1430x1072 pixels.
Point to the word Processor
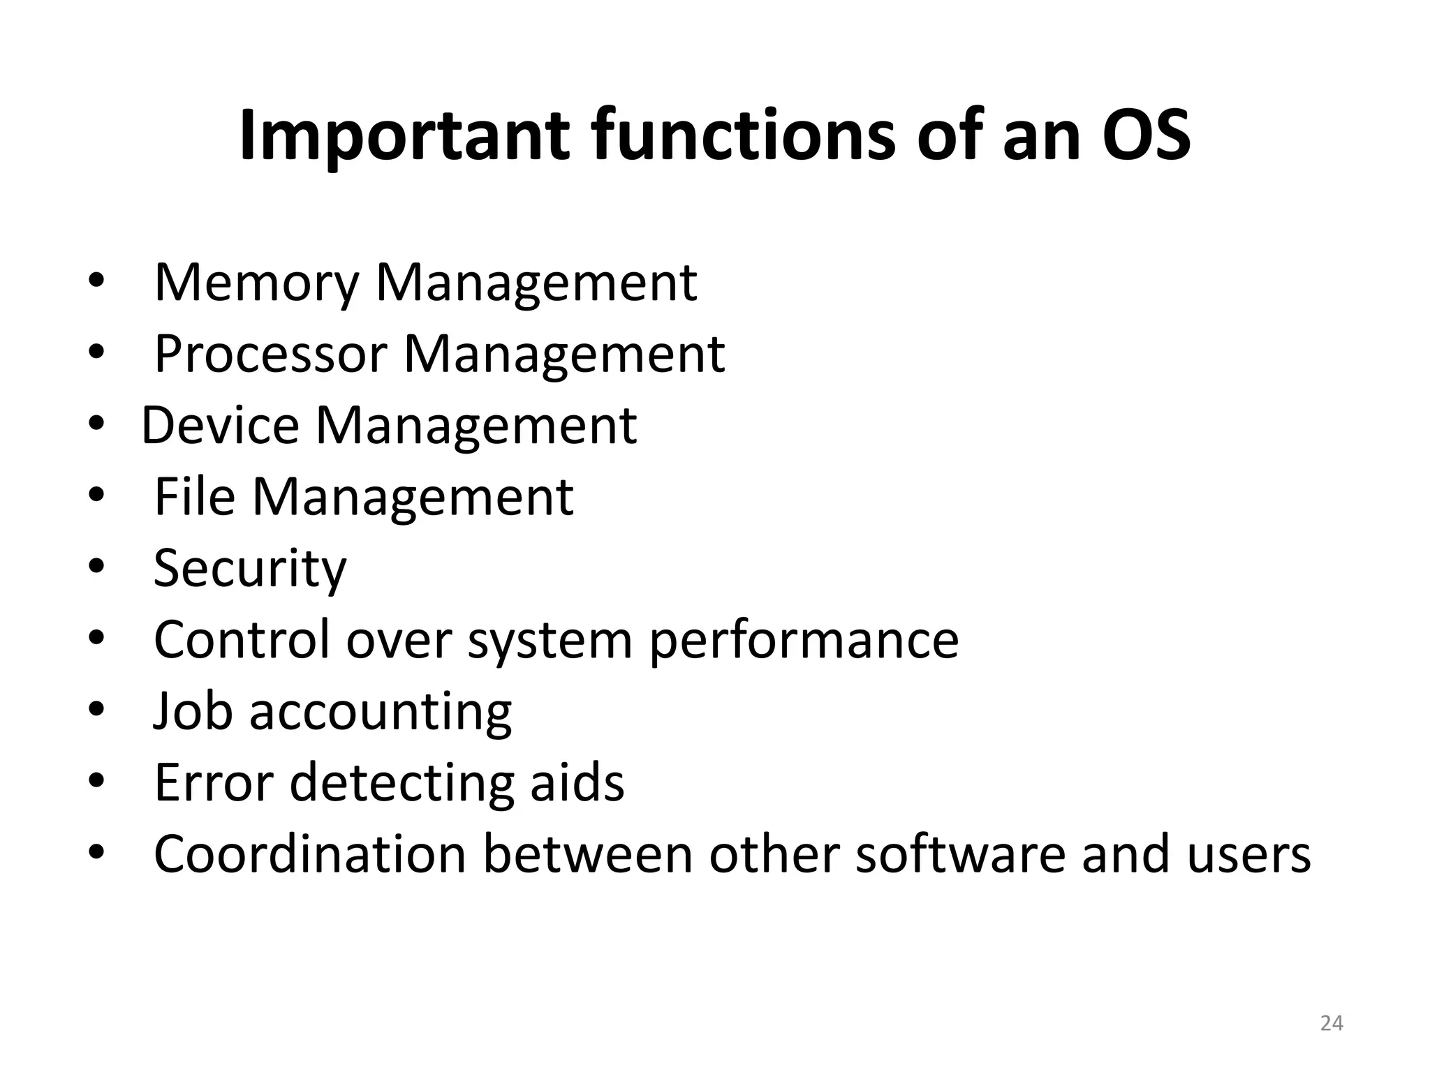(x=270, y=355)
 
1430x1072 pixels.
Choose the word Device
(x=221, y=426)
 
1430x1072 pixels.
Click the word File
(x=195, y=497)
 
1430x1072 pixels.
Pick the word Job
(x=193, y=712)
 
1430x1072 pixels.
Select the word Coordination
(x=310, y=854)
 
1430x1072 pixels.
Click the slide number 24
(x=1332, y=1023)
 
